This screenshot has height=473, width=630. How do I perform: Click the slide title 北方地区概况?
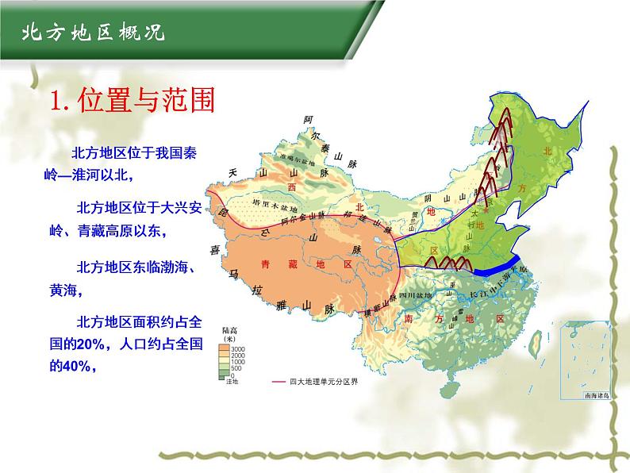point(83,33)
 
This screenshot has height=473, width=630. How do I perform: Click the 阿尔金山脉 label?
point(323,215)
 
